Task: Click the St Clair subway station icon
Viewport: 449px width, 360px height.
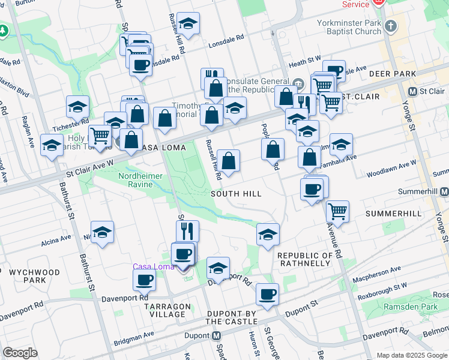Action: (412, 91)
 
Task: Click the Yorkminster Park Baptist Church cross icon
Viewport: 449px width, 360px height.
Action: (391, 26)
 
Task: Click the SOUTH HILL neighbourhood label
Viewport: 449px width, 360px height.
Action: (236, 194)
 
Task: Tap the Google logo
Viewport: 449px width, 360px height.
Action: (20, 353)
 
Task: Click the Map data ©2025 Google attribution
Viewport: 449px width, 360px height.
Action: (412, 355)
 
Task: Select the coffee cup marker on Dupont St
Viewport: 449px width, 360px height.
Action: (267, 294)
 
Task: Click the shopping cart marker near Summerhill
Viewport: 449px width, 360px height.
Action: (338, 211)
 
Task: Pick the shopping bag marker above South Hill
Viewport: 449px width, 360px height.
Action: (228, 160)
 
